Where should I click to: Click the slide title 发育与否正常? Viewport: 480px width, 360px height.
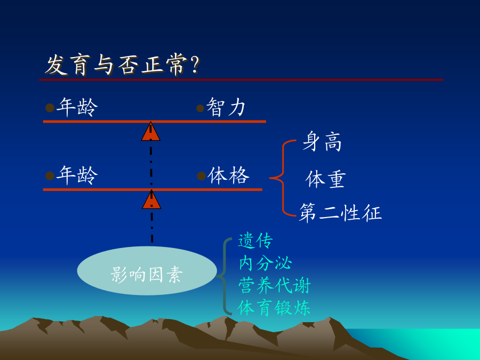tap(122, 65)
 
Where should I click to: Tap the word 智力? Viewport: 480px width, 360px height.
tap(226, 107)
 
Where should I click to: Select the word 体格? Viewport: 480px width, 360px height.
tap(228, 175)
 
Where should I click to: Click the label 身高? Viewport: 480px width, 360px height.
tap(322, 141)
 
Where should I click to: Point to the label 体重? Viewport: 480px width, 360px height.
tap(326, 179)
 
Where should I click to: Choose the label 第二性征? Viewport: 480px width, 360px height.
tap(340, 212)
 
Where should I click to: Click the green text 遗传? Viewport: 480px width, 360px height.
tap(255, 241)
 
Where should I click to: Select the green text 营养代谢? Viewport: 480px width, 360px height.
tap(275, 285)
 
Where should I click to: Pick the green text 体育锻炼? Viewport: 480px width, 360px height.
tap(274, 308)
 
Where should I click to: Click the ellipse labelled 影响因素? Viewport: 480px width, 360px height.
tap(147, 270)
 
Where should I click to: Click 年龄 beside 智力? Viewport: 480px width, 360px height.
tap(77, 107)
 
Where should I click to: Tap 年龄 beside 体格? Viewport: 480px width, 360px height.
tap(77, 175)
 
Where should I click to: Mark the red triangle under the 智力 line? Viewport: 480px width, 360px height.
tap(150, 132)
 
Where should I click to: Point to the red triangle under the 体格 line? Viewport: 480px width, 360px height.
tap(151, 200)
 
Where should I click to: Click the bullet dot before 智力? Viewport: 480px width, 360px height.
tap(200, 108)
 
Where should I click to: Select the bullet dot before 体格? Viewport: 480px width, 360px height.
tap(201, 176)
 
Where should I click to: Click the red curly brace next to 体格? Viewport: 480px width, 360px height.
tap(283, 178)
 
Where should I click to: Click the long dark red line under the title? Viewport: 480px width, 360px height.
tap(241, 80)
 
